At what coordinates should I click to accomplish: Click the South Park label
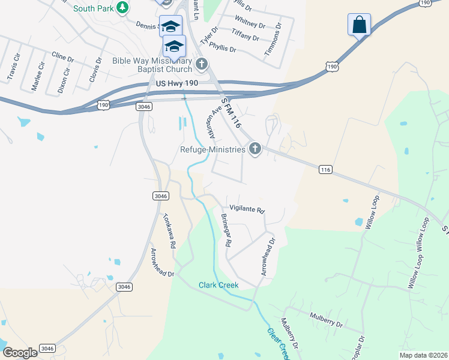[93, 8]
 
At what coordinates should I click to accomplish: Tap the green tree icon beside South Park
[122, 7]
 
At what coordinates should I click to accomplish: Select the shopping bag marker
[359, 25]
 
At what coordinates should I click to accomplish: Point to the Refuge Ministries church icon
[255, 149]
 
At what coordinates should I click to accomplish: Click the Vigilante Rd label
[247, 211]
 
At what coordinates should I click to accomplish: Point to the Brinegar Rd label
[226, 230]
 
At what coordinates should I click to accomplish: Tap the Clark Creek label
[218, 285]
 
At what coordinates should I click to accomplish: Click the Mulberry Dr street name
[325, 319]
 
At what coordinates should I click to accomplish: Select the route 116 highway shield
[325, 170]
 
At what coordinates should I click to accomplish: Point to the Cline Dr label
[62, 58]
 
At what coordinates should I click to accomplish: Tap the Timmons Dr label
[274, 42]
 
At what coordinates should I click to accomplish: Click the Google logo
[20, 353]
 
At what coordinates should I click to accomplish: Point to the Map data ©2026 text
[423, 355]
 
